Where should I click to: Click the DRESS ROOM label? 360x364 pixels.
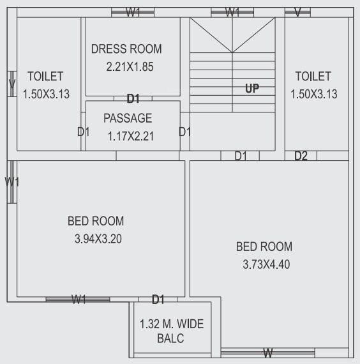(126, 49)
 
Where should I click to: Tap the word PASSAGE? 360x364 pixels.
(128, 118)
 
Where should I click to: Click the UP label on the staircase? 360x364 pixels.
(252, 89)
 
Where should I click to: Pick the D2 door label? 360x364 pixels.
(301, 156)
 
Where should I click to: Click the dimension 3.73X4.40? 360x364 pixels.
(264, 264)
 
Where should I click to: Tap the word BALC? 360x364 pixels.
(170, 339)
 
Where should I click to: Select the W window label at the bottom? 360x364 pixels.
(268, 353)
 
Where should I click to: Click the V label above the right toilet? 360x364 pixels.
(297, 12)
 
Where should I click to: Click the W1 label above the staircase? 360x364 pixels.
(232, 12)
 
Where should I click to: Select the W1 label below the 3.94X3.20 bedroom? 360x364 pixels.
(79, 299)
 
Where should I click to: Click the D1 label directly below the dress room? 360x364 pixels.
(133, 98)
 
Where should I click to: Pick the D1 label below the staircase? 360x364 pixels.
(241, 155)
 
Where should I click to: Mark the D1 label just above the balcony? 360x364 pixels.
(158, 299)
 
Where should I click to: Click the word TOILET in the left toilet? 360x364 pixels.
(45, 77)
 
